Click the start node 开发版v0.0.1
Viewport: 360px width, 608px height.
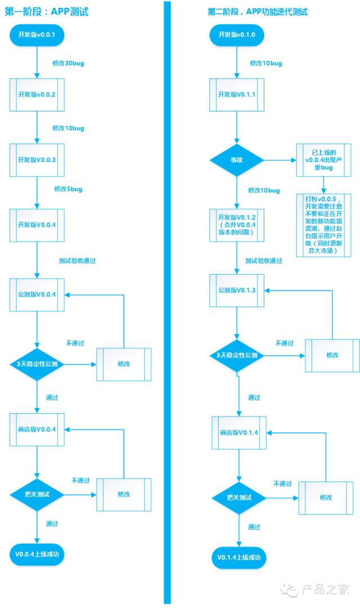pyautogui.click(x=37, y=35)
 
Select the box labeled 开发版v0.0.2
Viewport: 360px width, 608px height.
pyautogui.click(x=37, y=95)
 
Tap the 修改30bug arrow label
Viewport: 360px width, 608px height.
pyautogui.click(x=68, y=63)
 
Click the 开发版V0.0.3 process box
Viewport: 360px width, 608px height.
pyautogui.click(x=37, y=160)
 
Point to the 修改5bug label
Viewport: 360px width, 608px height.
pyautogui.click(x=68, y=189)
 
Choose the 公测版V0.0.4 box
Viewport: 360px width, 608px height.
pyautogui.click(x=37, y=294)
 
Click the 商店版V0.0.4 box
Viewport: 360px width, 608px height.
pyautogui.click(x=37, y=430)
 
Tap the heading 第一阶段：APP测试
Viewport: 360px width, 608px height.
pyautogui.click(x=46, y=12)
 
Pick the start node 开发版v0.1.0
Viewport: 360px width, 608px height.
pyautogui.click(x=237, y=35)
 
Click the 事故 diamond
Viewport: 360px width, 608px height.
pyautogui.click(x=237, y=160)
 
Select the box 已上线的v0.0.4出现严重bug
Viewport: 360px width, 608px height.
pyautogui.click(x=323, y=160)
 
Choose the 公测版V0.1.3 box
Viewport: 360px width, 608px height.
pyautogui.click(x=237, y=290)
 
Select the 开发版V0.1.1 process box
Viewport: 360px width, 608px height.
pyautogui.click(x=237, y=95)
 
